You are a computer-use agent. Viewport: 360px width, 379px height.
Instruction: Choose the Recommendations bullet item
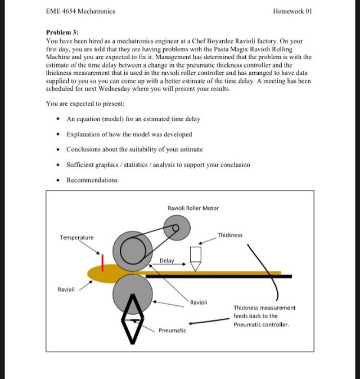[x=92, y=180]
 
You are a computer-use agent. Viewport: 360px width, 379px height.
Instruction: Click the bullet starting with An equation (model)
[x=133, y=119]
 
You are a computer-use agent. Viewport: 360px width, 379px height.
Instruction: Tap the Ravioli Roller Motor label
[x=193, y=208]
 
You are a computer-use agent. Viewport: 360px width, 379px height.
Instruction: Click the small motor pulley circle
[x=176, y=229]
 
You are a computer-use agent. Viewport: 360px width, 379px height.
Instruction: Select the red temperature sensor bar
[x=103, y=262]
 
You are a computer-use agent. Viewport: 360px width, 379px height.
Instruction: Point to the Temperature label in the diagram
[x=76, y=238]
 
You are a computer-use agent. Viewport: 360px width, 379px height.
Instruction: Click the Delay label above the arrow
[x=166, y=261]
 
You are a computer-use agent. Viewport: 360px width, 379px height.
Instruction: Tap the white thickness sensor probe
[x=195, y=256]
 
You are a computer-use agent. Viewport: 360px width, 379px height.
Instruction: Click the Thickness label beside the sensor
[x=230, y=235]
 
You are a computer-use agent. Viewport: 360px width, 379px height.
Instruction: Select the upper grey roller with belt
[x=133, y=250]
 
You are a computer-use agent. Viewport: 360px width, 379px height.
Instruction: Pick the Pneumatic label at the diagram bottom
[x=172, y=330]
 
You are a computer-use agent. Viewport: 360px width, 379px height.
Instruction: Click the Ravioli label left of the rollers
[x=66, y=289]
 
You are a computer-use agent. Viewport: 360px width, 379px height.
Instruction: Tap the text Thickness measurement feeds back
[x=264, y=316]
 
